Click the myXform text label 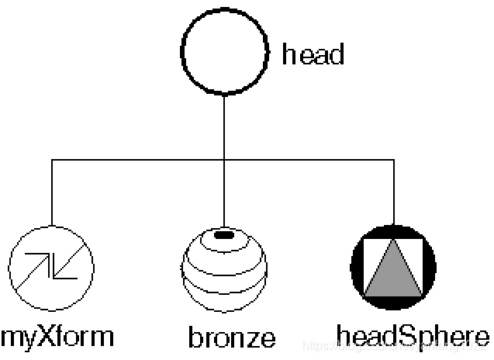(57, 337)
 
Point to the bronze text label (231, 337)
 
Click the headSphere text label (413, 336)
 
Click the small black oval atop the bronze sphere (223, 234)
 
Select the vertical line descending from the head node (223, 124)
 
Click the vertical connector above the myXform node (52, 194)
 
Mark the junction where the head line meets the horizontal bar (223, 160)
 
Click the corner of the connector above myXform (52, 160)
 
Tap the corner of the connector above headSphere (394, 160)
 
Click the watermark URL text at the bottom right (396, 344)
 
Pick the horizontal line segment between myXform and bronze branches (138, 160)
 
